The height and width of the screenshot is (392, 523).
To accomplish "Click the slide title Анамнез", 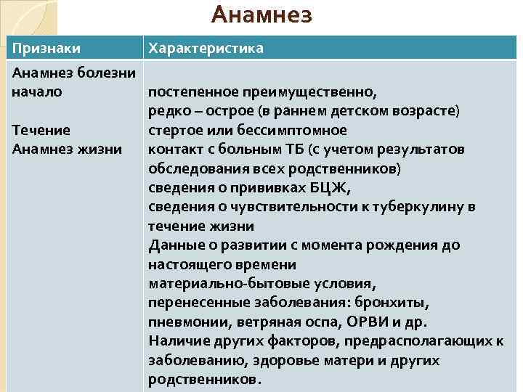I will click(x=261, y=15).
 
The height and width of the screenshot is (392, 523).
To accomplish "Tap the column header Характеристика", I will click(x=206, y=48).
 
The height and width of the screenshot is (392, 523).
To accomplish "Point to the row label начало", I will click(x=37, y=92).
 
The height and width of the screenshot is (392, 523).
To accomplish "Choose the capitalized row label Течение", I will click(x=41, y=131).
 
